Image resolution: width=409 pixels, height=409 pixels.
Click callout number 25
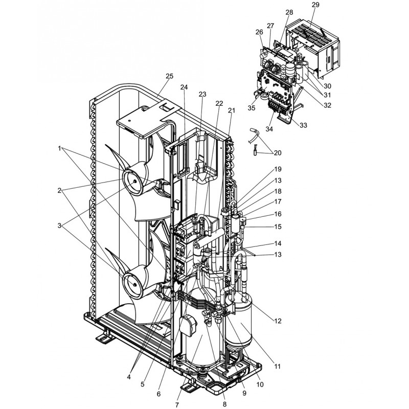click(170, 76)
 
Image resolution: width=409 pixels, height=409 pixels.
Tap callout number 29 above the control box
click(315, 5)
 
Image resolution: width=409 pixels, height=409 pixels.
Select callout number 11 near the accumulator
click(278, 367)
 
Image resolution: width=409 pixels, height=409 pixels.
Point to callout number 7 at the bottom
click(177, 405)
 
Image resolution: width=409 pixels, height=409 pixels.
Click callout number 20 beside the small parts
click(278, 152)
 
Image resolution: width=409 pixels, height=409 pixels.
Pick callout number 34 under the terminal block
click(269, 129)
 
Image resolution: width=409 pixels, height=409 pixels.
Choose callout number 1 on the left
click(59, 148)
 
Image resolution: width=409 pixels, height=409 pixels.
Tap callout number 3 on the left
click(59, 225)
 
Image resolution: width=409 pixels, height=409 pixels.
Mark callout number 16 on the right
click(278, 214)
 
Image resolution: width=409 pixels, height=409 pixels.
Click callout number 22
click(219, 104)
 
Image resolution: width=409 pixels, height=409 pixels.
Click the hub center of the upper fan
click(134, 181)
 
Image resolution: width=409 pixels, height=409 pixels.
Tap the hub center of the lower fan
click(134, 285)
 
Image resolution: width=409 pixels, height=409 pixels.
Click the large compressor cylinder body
click(202, 336)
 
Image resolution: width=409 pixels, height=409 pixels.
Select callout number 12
click(278, 321)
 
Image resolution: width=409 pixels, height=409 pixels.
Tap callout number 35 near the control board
click(252, 108)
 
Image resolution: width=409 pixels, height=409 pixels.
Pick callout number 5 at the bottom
click(143, 384)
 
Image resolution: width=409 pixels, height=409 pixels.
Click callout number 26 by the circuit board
click(259, 32)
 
